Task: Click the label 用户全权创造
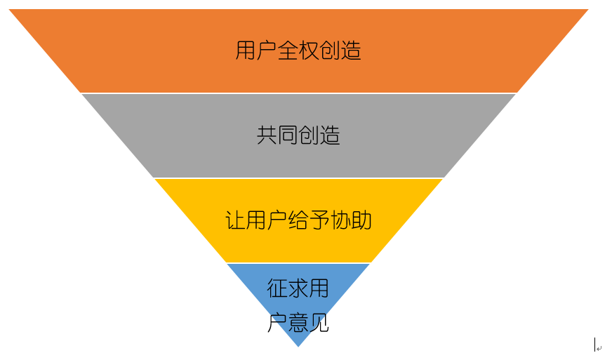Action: (x=298, y=51)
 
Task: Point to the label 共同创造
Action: (x=298, y=135)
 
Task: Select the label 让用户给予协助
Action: (x=298, y=220)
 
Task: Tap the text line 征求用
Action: (x=298, y=288)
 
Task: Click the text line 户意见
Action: (x=298, y=323)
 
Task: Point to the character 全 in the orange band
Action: (x=288, y=51)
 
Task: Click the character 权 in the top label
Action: (x=309, y=51)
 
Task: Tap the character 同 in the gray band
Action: (x=288, y=135)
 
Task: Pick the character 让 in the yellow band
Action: (x=236, y=220)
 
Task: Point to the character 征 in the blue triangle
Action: (x=278, y=288)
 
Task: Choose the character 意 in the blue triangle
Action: (x=298, y=323)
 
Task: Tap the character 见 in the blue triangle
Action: (x=319, y=323)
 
